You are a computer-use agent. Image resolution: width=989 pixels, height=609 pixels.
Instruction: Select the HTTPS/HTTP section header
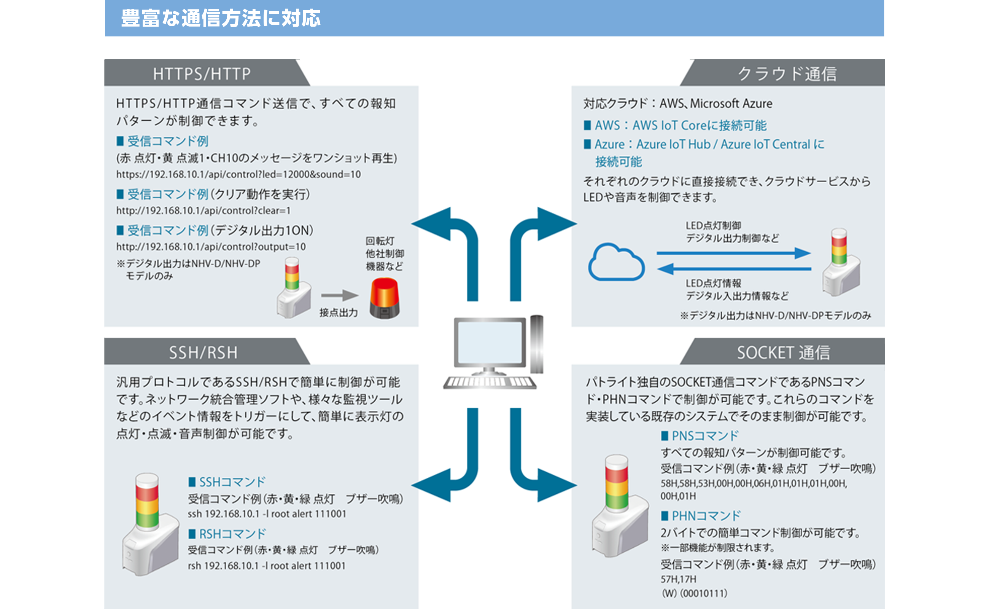pyautogui.click(x=202, y=74)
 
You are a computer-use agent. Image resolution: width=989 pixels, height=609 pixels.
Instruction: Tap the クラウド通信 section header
pyautogui.click(x=787, y=74)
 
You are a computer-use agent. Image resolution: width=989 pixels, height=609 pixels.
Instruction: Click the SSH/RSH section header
pyautogui.click(x=203, y=352)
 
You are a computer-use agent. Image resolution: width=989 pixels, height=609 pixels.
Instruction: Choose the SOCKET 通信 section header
pyautogui.click(x=783, y=352)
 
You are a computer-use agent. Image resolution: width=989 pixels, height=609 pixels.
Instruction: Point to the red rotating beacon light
pyautogui.click(x=385, y=298)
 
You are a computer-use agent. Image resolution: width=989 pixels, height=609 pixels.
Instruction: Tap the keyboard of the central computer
pyautogui.click(x=490, y=382)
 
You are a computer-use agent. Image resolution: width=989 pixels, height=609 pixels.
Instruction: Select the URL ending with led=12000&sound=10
pyautogui.click(x=238, y=174)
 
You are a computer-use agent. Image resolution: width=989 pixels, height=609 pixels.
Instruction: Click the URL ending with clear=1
pyautogui.click(x=203, y=210)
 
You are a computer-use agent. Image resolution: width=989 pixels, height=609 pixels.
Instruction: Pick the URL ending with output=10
pyautogui.click(x=211, y=247)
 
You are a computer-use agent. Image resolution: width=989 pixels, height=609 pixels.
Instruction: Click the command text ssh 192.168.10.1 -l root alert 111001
pyautogui.click(x=267, y=514)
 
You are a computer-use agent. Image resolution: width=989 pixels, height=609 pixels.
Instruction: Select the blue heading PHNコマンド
pyautogui.click(x=705, y=515)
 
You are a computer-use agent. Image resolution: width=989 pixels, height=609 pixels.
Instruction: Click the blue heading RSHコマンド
pyautogui.click(x=232, y=534)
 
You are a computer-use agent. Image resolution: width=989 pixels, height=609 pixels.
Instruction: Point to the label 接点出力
pyautogui.click(x=338, y=312)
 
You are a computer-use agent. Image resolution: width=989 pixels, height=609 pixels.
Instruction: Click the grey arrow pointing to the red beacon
pyautogui.click(x=339, y=295)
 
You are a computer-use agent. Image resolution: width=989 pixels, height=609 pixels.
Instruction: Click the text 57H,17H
pyautogui.click(x=678, y=579)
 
